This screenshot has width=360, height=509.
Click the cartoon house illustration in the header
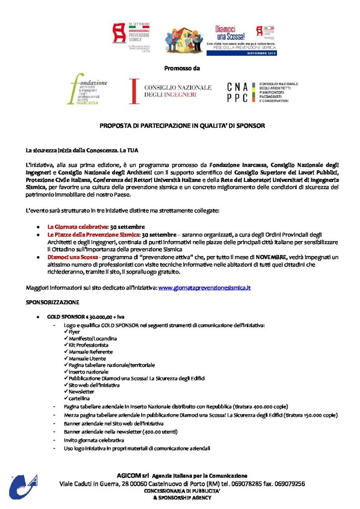click(183, 39)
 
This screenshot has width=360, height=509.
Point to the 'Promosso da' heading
click(181, 68)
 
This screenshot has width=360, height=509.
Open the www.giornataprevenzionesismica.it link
click(204, 288)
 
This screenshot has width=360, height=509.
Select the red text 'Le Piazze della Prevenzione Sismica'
click(94, 234)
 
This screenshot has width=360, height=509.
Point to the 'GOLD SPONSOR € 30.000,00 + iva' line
click(82, 317)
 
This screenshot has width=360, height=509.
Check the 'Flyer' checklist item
click(74, 332)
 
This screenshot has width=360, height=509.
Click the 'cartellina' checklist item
click(80, 398)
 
